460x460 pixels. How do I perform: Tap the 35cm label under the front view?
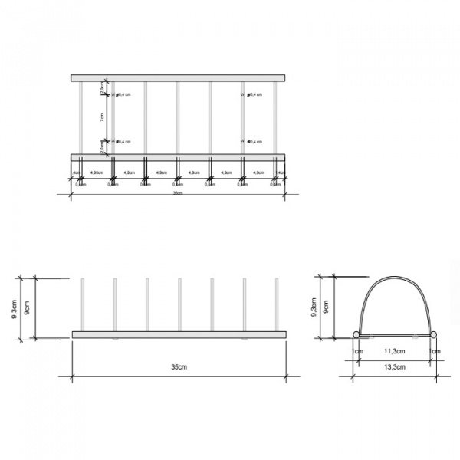pos(179,367)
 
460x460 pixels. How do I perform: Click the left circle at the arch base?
pos(356,334)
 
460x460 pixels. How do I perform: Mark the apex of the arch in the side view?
pos(394,276)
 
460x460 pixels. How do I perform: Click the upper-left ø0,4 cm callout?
pos(123,95)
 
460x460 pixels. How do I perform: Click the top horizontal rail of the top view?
pos(178,78)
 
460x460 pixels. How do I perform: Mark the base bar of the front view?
pos(178,334)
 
